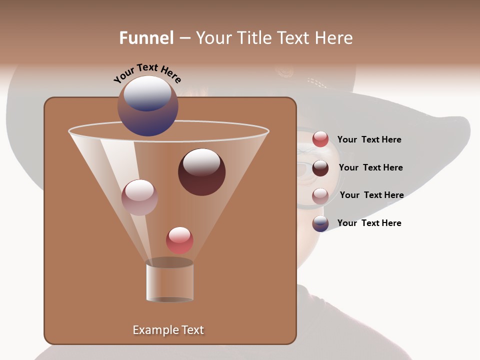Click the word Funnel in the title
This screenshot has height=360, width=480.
146,38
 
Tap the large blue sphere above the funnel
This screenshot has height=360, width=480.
147,106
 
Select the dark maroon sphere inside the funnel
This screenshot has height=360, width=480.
201,172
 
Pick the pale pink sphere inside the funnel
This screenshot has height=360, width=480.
139,197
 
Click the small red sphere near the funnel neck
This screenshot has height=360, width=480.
179,240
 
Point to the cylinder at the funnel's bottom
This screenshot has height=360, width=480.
169,281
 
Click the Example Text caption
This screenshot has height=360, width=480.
168,330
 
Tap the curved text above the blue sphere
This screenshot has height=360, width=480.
147,72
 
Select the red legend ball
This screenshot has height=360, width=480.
320,139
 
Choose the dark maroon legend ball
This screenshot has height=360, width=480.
320,168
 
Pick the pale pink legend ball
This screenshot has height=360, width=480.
320,196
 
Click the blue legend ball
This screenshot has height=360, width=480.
320,223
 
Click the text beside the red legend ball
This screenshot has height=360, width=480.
369,140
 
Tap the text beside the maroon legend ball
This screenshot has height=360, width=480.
370,167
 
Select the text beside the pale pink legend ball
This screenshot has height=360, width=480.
371,195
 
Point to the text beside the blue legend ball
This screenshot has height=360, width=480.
369,223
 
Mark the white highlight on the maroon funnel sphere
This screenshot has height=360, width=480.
202,161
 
